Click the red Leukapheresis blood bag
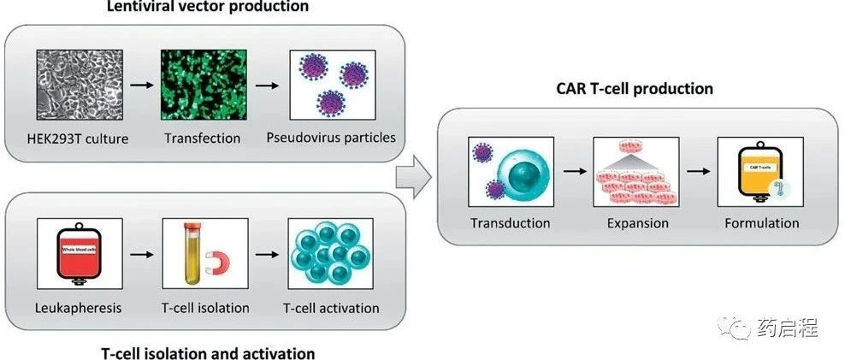74,253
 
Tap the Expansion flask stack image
635,171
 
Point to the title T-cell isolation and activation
208,352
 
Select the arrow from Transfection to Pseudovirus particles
268,86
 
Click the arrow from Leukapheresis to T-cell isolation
138,254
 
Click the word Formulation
761,223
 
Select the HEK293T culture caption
77,138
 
